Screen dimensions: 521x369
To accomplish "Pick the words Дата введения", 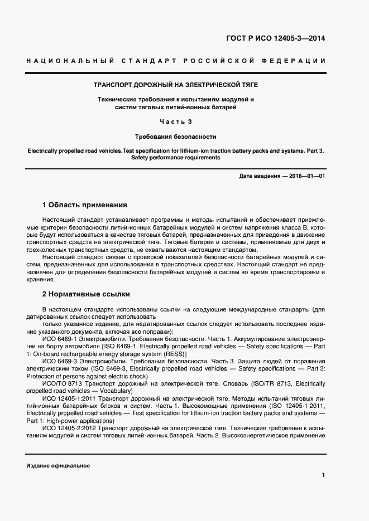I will coord(259,176).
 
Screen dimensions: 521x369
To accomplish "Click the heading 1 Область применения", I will coord(85,205).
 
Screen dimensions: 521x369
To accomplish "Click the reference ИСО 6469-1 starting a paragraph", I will coord(59,338).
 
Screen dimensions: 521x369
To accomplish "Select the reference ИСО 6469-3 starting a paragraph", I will coord(59,361).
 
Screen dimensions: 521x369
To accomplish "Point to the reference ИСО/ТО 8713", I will coord(61,384).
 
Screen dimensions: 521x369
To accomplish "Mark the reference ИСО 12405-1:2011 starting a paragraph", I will coord(69,399).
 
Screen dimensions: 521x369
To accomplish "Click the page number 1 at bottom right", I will coord(323,475).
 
